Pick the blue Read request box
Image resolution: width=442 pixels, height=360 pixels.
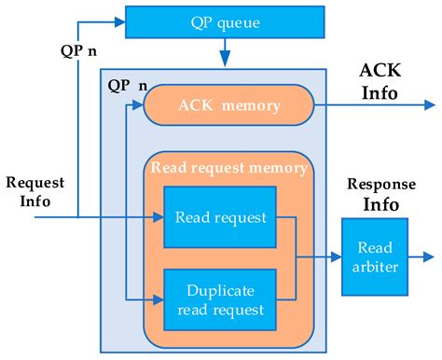click(x=219, y=217)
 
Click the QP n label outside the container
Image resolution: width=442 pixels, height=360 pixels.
click(x=78, y=51)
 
